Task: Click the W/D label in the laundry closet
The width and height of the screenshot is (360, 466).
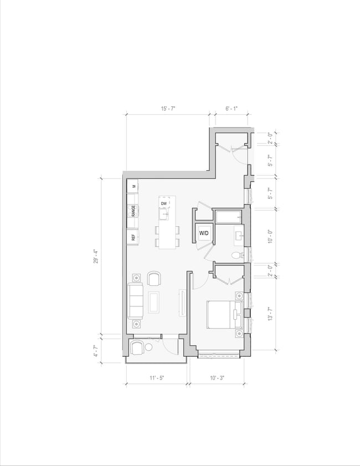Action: [204, 234]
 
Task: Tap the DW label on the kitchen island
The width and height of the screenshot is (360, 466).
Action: [164, 204]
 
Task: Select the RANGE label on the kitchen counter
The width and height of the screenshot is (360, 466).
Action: [133, 211]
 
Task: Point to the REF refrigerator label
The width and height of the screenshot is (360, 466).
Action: [133, 237]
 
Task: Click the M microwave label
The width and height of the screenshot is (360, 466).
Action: [133, 187]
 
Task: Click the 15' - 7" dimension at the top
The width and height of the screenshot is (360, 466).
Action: [168, 109]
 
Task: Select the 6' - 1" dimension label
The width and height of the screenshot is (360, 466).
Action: [231, 109]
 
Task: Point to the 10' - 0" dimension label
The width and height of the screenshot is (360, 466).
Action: [270, 236]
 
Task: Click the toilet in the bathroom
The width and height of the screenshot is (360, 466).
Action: [236, 255]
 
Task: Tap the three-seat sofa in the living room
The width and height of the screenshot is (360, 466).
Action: [135, 301]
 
